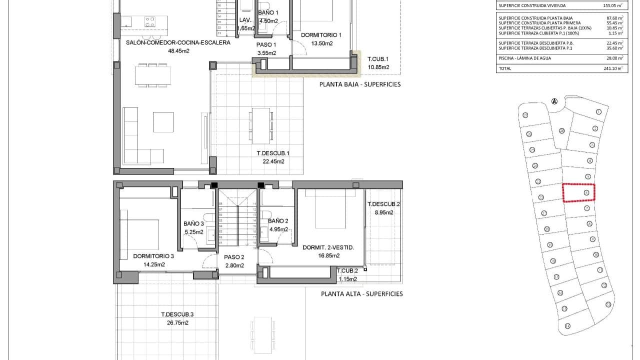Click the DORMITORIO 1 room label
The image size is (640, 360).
pyautogui.click(x=320, y=35)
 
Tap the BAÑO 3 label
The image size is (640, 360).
pyautogui.click(x=193, y=224)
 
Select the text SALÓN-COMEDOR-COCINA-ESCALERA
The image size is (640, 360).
pyautogui.click(x=178, y=43)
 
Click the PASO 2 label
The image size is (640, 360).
pyautogui.click(x=234, y=257)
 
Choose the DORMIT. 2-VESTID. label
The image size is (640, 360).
pyautogui.click(x=328, y=247)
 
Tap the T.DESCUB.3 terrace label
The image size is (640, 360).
pyautogui.click(x=177, y=314)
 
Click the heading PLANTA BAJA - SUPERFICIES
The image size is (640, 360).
pyautogui.click(x=360, y=84)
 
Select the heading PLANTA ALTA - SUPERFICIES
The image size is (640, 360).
pyautogui.click(x=361, y=294)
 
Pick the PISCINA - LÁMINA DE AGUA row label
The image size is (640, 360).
pyautogui.click(x=524, y=58)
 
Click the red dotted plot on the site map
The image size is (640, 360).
pyautogui.click(x=579, y=192)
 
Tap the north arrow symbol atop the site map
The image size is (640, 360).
pyautogui.click(x=554, y=101)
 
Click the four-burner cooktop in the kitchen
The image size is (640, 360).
pyautogui.click(x=150, y=21)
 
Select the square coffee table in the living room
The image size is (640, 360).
pyautogui.click(x=163, y=122)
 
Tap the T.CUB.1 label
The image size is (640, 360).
pyautogui.click(x=378, y=59)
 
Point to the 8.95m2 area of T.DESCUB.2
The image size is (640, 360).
pyautogui.click(x=383, y=212)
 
